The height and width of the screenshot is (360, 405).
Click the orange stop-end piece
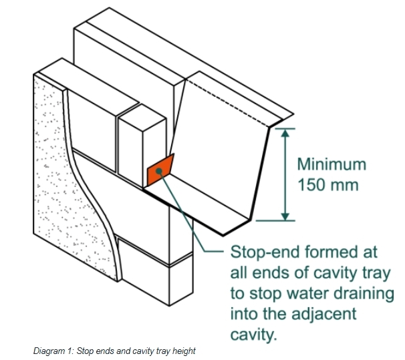coord(160,170)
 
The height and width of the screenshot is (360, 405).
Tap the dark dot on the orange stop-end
coord(159,171)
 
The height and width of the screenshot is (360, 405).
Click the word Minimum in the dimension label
coord(331,164)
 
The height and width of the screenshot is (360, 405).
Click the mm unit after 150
coord(346,186)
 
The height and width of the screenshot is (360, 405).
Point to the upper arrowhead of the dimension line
coord(285,133)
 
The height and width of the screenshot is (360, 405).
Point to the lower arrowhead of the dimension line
coord(285,216)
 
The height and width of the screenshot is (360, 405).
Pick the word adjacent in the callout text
coord(324,315)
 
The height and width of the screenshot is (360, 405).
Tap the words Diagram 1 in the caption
coord(53,351)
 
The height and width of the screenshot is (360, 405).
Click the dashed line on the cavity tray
coord(227,103)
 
